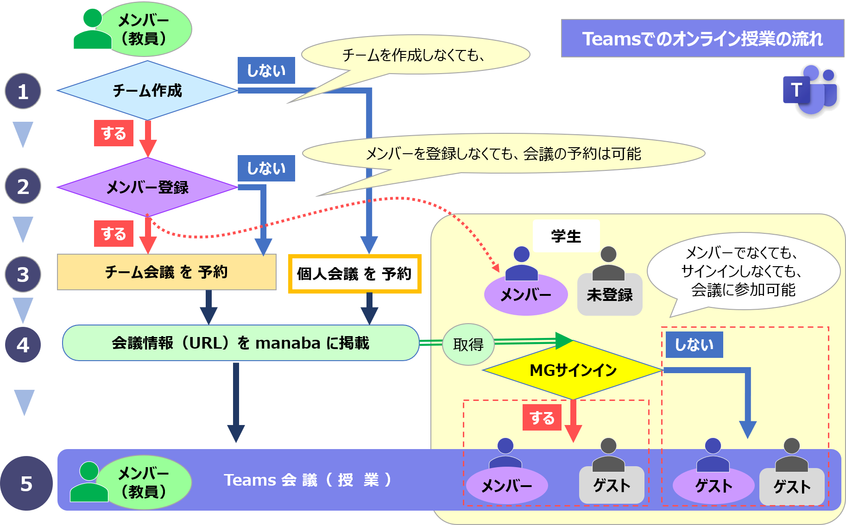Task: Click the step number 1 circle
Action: click(x=23, y=91)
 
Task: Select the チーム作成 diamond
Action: click(x=147, y=90)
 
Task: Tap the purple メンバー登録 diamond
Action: click(x=147, y=187)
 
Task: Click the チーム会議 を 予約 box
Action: click(x=166, y=272)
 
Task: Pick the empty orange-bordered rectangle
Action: click(x=354, y=274)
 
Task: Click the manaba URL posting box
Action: click(x=240, y=343)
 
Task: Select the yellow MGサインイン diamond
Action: click(x=573, y=370)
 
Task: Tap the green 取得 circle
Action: click(x=468, y=344)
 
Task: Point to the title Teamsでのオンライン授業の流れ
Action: click(x=702, y=38)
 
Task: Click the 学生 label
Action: click(x=566, y=236)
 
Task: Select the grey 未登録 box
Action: click(x=609, y=294)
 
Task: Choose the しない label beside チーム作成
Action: click(x=266, y=70)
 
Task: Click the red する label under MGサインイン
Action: click(x=542, y=418)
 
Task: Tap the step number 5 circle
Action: click(x=26, y=483)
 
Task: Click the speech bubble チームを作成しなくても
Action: click(x=415, y=55)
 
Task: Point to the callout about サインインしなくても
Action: click(x=743, y=271)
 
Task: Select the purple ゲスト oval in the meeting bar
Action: click(x=713, y=486)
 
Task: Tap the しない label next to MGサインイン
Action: click(x=694, y=344)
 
